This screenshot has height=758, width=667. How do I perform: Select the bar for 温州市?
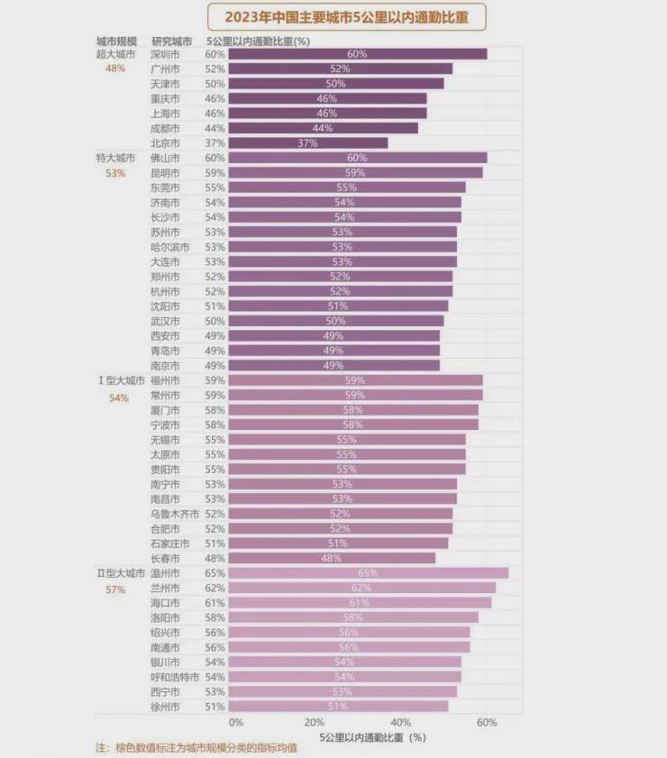pos(369,573)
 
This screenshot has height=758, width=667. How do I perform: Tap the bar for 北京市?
pos(308,143)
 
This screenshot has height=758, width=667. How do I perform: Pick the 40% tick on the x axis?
pos(400,723)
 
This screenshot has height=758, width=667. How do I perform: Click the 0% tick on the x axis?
pos(235,723)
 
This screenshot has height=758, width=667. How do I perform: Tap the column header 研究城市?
pos(171,41)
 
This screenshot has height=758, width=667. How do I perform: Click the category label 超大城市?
pos(115,54)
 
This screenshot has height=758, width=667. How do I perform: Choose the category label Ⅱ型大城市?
pos(120,573)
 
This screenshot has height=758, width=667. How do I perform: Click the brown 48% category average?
pos(115,68)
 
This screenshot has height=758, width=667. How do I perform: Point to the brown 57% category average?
pos(115,589)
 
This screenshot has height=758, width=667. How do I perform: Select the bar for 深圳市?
pos(358,54)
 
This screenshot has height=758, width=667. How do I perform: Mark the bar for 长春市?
pos(332,558)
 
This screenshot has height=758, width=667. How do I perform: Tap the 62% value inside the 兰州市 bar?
pos(361,588)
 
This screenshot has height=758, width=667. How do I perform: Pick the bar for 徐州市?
pos(338,707)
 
